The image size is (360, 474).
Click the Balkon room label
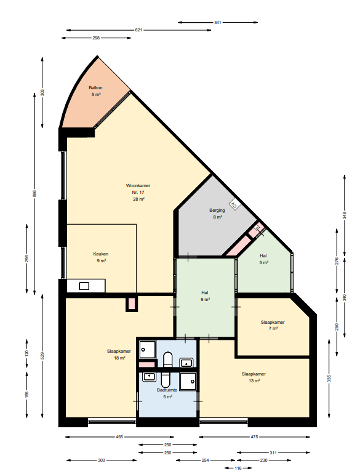95,87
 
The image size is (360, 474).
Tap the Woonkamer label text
138,186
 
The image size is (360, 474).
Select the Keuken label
101,254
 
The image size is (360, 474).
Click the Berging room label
217,210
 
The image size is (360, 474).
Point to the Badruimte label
167,390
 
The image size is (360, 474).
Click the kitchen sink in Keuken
84,286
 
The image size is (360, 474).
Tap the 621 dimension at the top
138,30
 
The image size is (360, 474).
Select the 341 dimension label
218,22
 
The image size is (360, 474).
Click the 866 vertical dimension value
34,193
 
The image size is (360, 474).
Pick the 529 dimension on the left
42,356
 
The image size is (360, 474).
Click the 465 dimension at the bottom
119,437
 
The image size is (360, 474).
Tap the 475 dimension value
254,437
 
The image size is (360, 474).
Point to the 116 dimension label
238,468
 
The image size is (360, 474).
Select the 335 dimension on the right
329,379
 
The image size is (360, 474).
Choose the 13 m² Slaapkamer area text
254,381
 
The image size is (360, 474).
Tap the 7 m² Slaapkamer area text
273,328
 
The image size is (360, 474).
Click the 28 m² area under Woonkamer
138,199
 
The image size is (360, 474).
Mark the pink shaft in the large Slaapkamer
132,303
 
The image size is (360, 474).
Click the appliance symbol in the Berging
234,205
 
